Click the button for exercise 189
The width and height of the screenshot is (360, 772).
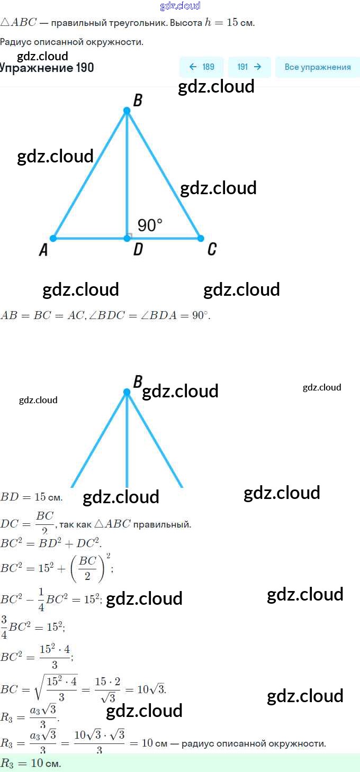(202, 67)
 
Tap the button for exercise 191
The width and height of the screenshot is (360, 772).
(249, 67)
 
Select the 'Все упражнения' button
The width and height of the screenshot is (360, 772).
(318, 67)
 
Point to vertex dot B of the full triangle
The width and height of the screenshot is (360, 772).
(127, 111)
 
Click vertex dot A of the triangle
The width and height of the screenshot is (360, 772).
(53, 239)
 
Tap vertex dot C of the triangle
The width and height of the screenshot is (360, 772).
(201, 239)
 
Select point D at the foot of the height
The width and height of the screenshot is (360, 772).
(127, 239)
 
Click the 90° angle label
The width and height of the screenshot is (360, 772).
(150, 225)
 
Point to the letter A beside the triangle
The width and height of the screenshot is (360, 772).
(43, 250)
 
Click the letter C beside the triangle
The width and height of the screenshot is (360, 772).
(212, 249)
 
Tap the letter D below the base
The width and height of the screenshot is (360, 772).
(138, 249)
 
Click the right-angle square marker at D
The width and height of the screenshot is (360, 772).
(130, 235)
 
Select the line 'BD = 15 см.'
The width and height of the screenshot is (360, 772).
(32, 497)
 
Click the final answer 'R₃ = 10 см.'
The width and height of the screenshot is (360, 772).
(31, 764)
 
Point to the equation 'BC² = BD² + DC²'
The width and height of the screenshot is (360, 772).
(50, 543)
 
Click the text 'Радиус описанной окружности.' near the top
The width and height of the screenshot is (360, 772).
(71, 42)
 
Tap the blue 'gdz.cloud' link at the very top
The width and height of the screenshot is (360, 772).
(180, 6)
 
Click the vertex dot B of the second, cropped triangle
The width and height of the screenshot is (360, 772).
(127, 392)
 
